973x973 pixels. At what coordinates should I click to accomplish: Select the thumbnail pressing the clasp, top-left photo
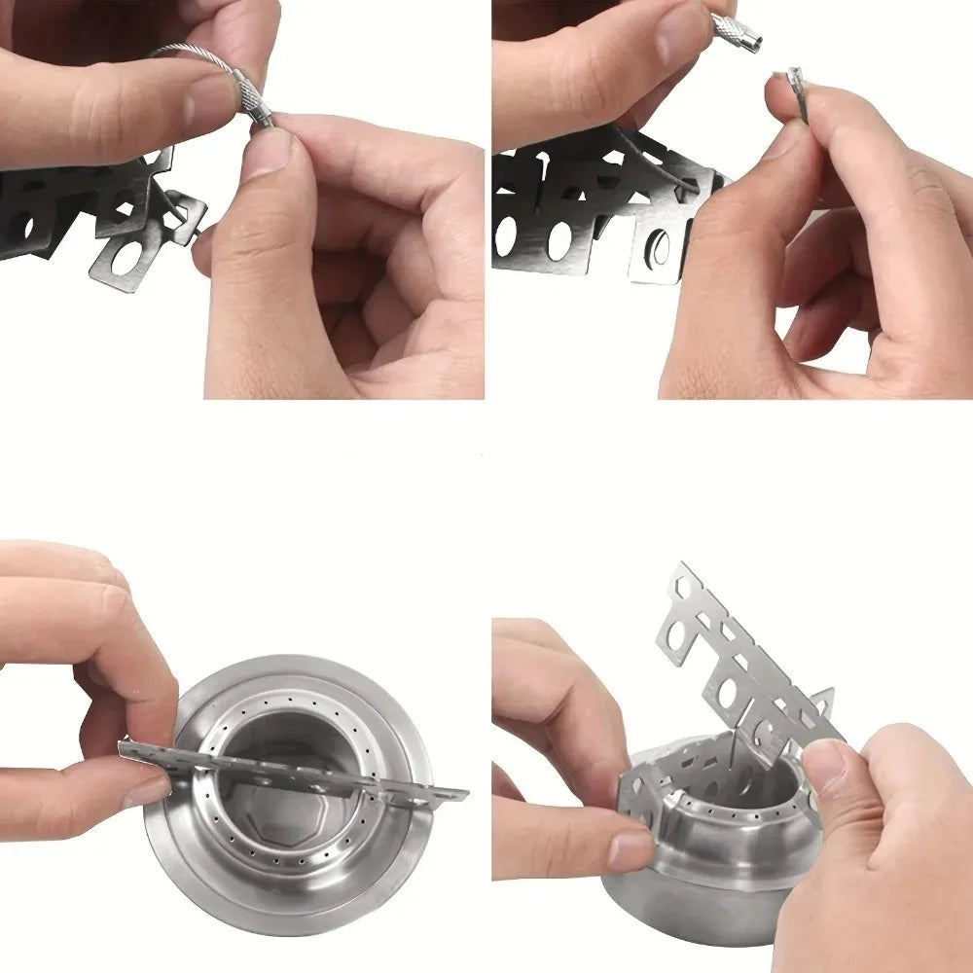266,154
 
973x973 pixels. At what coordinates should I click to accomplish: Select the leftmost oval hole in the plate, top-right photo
505,235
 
